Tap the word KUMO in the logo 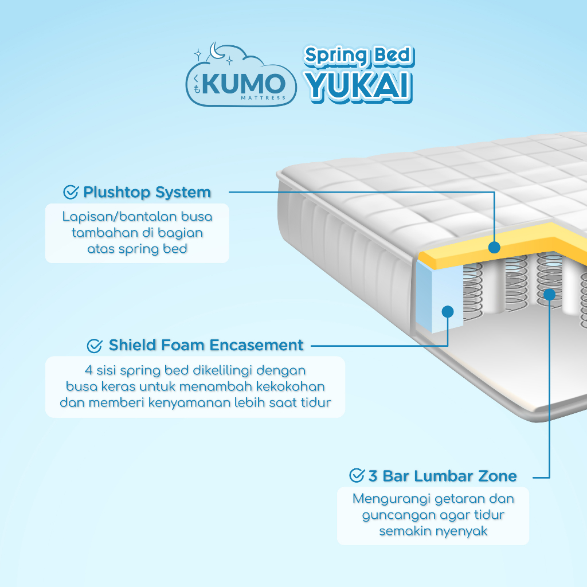(243, 84)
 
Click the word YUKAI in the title (358, 85)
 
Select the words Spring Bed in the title (358, 56)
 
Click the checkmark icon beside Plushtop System (71, 193)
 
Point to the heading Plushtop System (147, 193)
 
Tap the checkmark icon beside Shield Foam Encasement (95, 346)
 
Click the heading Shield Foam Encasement (206, 346)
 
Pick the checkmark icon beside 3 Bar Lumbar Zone (357, 476)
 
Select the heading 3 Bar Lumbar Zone (442, 476)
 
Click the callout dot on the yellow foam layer (494, 248)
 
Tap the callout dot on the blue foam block (448, 311)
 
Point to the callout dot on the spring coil (549, 295)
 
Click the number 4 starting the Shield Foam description (87, 370)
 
